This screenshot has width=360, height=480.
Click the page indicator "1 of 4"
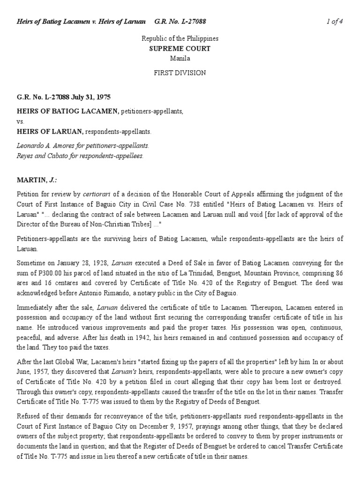[335, 22]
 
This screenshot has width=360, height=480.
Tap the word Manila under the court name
[180, 59]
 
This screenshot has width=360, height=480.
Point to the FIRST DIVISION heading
[180, 73]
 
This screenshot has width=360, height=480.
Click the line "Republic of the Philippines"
[180, 39]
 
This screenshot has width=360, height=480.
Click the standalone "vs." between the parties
[20, 121]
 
